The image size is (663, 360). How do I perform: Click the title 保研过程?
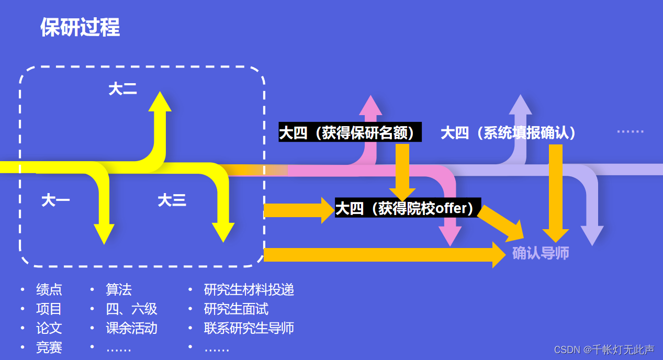[x=80, y=28]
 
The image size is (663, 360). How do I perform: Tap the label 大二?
[x=122, y=89]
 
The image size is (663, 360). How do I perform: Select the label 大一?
[x=55, y=200]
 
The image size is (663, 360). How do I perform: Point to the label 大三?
[x=172, y=200]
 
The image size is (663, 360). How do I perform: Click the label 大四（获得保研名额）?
[x=350, y=133]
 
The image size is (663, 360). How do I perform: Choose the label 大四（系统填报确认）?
[x=509, y=133]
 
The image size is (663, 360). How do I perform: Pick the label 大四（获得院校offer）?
[x=407, y=208]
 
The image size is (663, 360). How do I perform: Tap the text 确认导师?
[x=541, y=253]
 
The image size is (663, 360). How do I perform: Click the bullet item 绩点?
[x=49, y=289]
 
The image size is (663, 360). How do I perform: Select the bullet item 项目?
[x=49, y=309]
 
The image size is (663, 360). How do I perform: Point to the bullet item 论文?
[x=49, y=328]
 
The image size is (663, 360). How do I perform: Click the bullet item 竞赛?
[x=49, y=347]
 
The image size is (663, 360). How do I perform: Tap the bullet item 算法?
[x=119, y=289]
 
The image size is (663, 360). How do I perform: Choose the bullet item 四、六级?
[x=131, y=309]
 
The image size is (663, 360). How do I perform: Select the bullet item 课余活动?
[x=131, y=328]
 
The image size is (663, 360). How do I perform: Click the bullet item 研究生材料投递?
[x=249, y=289]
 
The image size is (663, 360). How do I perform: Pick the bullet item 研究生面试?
[x=236, y=309]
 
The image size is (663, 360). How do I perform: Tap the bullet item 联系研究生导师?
[x=249, y=328]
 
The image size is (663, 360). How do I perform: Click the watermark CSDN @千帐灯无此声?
[x=604, y=350]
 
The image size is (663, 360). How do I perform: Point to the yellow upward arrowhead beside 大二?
[x=160, y=102]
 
